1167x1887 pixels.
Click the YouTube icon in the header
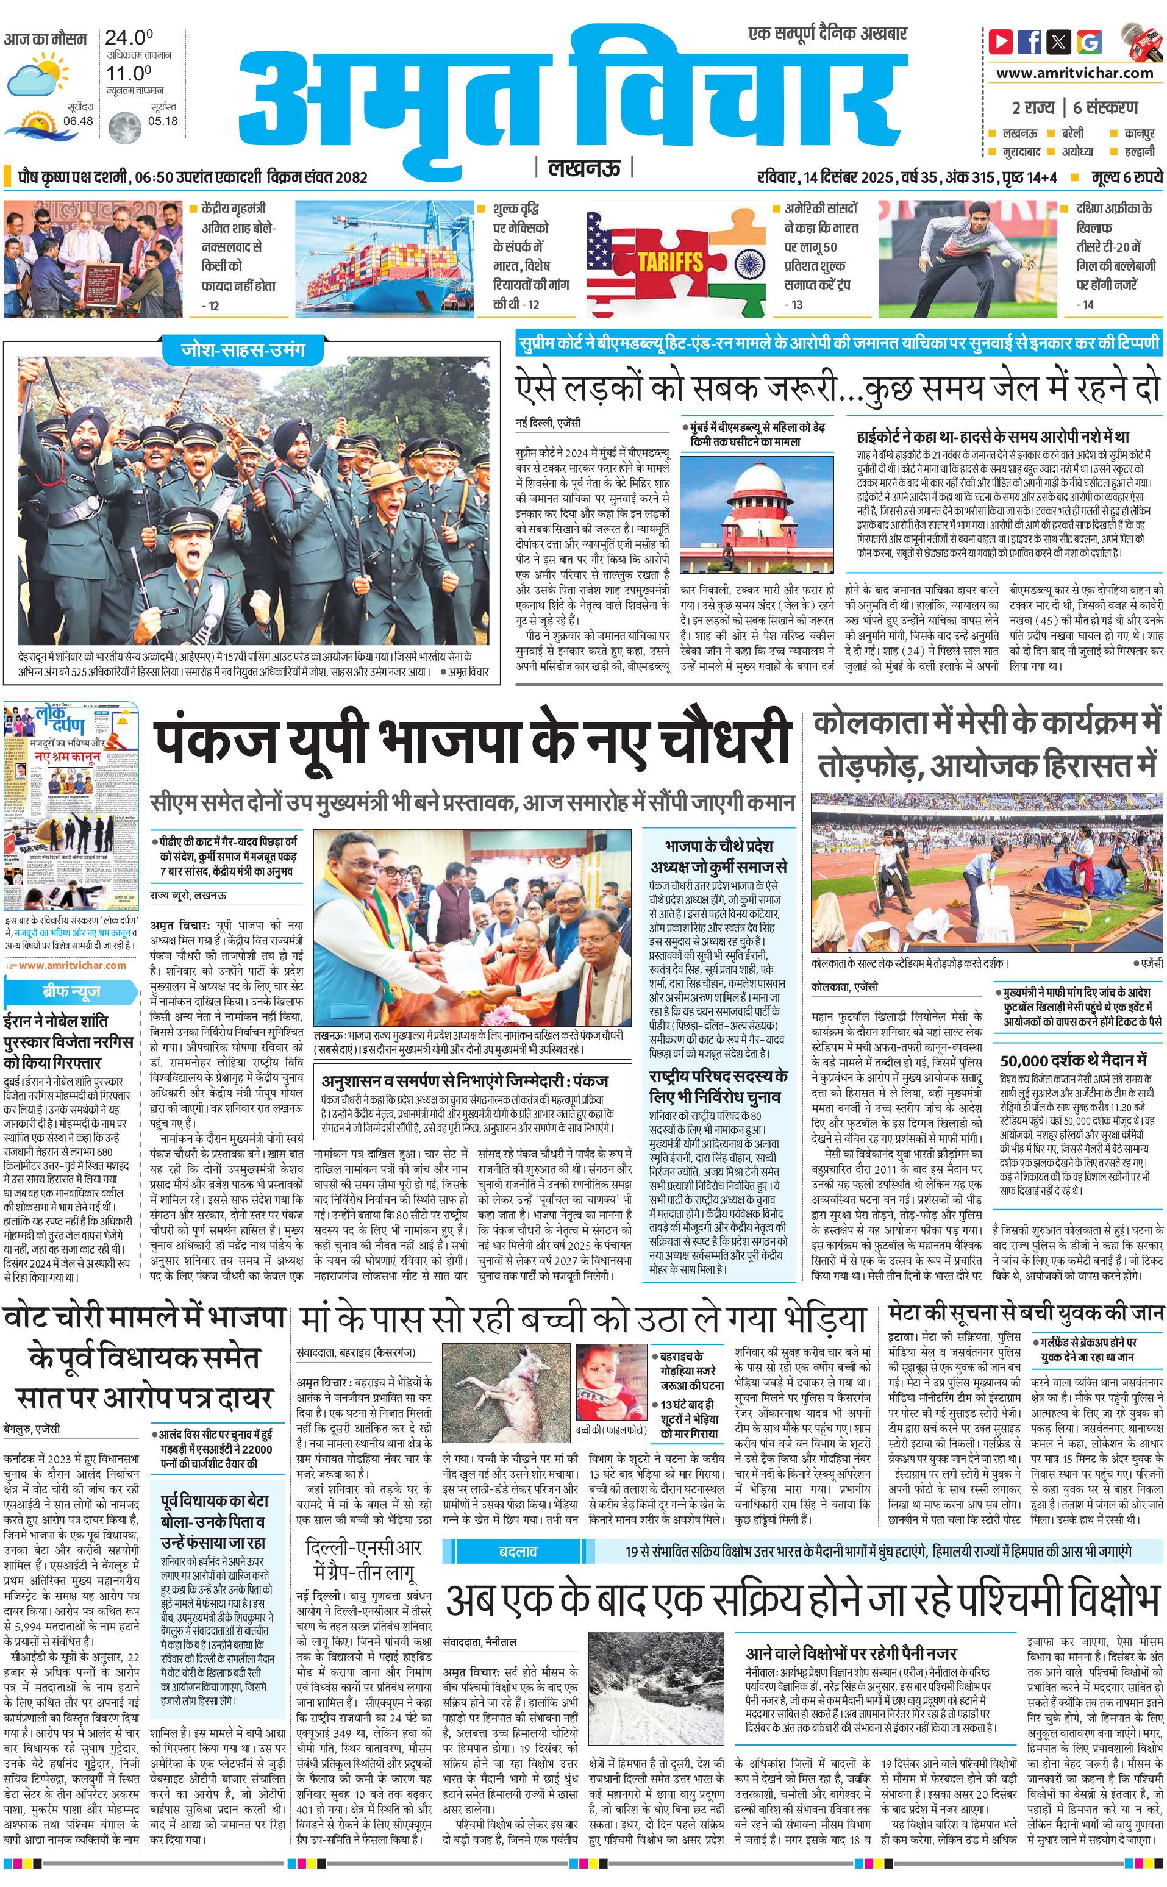(1001, 41)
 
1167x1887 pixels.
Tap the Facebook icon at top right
(1030, 41)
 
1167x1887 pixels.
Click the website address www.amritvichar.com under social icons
(1074, 73)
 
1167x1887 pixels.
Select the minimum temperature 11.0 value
(128, 73)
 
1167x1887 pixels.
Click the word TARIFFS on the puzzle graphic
(670, 262)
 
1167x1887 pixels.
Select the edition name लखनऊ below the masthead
(583, 168)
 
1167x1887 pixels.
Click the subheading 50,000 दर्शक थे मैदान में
(1073, 1060)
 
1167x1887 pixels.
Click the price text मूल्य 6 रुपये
(1126, 177)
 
